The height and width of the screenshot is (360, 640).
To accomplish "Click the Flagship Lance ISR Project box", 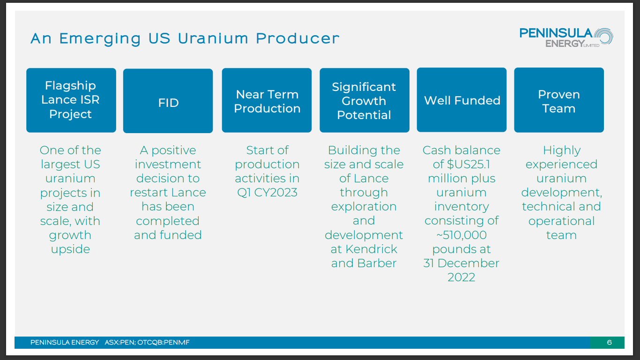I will pyautogui.click(x=71, y=100).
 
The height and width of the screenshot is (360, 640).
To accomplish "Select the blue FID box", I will pyautogui.click(x=168, y=101).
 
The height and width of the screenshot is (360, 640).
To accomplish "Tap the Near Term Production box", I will pyautogui.click(x=267, y=100).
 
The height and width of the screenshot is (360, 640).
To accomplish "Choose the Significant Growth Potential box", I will pyautogui.click(x=364, y=100).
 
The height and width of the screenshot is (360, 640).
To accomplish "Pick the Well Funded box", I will pyautogui.click(x=461, y=100).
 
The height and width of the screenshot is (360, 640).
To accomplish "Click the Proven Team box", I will pyautogui.click(x=558, y=100).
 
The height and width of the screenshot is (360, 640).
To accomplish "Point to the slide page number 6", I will pyautogui.click(x=609, y=343).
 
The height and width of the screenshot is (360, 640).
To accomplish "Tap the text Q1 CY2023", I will pyautogui.click(x=267, y=193).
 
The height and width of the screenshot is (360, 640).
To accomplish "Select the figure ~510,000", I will pyautogui.click(x=461, y=235).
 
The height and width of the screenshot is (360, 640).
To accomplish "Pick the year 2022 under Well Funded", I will pyautogui.click(x=461, y=277).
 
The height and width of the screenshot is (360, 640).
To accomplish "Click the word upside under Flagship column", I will pyautogui.click(x=70, y=249).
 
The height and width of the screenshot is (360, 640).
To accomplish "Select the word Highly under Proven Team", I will pyautogui.click(x=561, y=150).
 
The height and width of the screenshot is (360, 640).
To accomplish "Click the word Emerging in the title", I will pyautogui.click(x=99, y=38).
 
